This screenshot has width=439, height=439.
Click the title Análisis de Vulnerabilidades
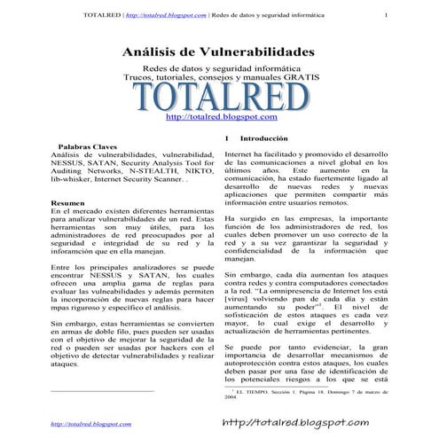(217, 53)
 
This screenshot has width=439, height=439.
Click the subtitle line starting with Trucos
(220, 78)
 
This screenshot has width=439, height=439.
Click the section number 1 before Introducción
(228, 139)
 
